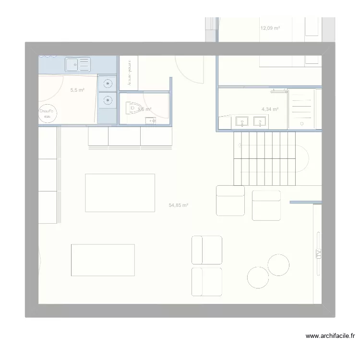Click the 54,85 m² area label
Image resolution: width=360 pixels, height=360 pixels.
(x=179, y=205)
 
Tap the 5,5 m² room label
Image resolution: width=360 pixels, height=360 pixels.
(x=77, y=90)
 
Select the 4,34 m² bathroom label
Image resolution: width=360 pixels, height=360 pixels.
(x=270, y=109)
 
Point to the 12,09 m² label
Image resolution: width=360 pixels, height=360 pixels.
(x=270, y=28)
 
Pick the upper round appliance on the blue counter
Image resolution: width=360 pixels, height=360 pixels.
(x=108, y=84)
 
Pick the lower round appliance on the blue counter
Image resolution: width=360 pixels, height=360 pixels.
(x=108, y=101)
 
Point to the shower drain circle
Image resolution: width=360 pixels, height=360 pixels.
(x=302, y=124)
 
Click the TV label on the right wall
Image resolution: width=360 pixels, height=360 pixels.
(x=318, y=254)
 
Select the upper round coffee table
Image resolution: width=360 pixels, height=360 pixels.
(x=278, y=264)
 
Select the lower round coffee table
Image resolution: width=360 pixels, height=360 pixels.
(x=258, y=277)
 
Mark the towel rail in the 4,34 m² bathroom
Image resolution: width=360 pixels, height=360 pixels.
(x=278, y=90)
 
